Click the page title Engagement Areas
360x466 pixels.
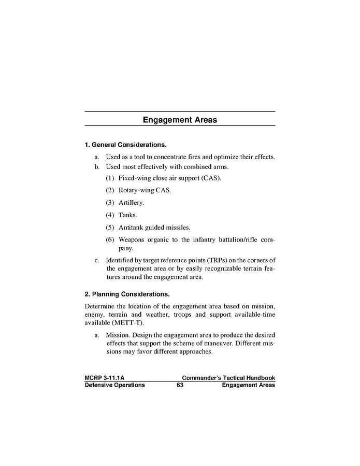[180, 120]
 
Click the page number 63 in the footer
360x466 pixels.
[180, 385]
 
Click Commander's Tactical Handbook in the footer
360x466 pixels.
[228, 378]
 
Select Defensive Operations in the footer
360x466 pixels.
[114, 385]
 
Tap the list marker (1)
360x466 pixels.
[110, 178]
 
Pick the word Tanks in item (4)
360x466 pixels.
[127, 215]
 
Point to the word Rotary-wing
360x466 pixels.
[136, 190]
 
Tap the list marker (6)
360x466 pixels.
[110, 239]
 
